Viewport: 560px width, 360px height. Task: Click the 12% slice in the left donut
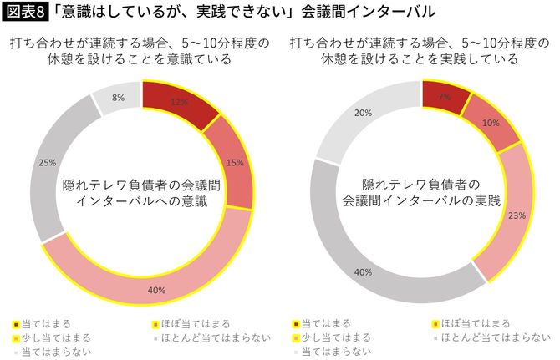tap(176, 102)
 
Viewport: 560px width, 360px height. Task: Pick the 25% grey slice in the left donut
tap(48, 163)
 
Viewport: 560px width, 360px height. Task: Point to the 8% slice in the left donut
tap(119, 99)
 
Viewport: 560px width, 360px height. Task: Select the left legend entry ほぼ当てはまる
tap(191, 322)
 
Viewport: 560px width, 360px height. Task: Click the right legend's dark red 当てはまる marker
tap(296, 323)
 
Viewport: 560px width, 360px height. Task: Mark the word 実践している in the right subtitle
tap(480, 59)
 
